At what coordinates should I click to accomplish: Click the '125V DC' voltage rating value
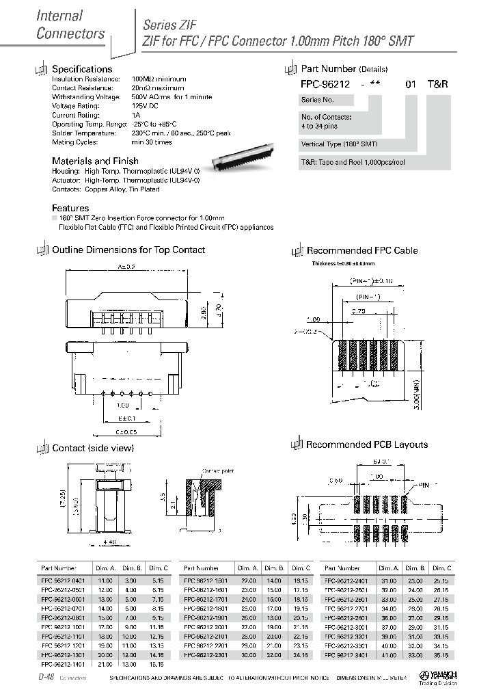[146, 107]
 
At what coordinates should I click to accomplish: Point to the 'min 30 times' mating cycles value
[152, 142]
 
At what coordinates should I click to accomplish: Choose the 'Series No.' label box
[317, 100]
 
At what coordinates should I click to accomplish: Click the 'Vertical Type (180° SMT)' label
[339, 144]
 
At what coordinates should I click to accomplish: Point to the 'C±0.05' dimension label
[126, 431]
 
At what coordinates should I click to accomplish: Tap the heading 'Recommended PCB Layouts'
[366, 444]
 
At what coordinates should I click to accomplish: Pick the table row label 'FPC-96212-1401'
[64, 663]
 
